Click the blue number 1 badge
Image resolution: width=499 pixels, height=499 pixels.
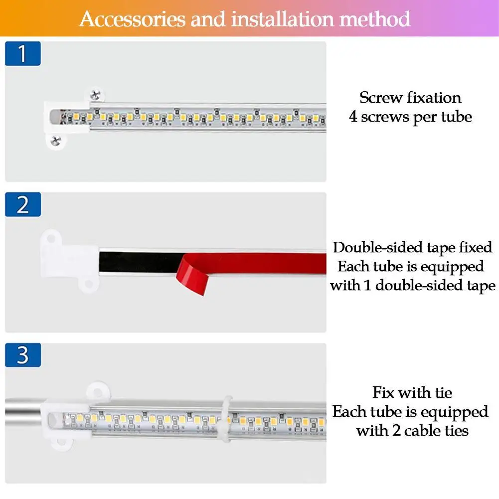pyautogui.click(x=22, y=54)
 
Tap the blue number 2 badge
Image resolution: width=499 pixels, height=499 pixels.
pyautogui.click(x=22, y=205)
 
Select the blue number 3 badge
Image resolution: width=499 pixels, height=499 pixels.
pyautogui.click(x=22, y=356)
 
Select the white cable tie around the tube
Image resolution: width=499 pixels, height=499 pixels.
pyautogui.click(x=227, y=419)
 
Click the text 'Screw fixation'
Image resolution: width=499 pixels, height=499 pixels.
pyautogui.click(x=410, y=97)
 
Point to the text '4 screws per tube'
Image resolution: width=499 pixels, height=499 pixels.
pyautogui.click(x=410, y=117)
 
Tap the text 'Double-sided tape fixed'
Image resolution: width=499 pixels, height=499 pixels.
pyautogui.click(x=412, y=247)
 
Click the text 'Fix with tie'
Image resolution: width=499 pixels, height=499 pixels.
pyautogui.click(x=412, y=392)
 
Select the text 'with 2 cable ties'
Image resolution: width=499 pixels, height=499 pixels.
pyautogui.click(x=412, y=430)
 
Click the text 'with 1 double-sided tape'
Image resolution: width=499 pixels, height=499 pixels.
pyautogui.click(x=412, y=285)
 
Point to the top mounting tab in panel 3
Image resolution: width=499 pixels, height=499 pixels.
pyautogui.click(x=98, y=390)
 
